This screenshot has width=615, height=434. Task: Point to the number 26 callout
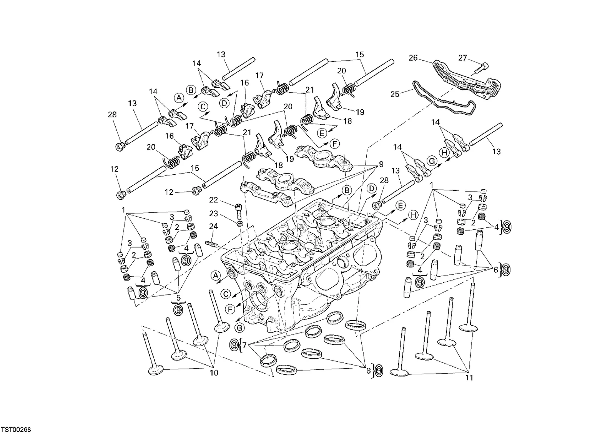coord(413,58)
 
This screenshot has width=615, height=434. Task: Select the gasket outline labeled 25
coord(444,98)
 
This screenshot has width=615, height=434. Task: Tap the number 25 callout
coord(395,94)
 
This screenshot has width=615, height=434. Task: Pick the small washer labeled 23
coord(240,222)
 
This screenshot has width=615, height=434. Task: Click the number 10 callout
coord(214,373)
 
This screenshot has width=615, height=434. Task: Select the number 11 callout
coord(469,378)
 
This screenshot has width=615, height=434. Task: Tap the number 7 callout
coord(244,346)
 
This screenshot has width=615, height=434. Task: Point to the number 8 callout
coord(369,371)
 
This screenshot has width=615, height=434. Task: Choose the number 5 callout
coord(178,298)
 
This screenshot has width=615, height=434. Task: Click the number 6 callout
coord(496,270)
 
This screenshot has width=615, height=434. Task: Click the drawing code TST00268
coord(17,430)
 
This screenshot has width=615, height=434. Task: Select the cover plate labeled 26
coord(467,80)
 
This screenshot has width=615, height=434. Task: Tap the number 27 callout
coord(463,58)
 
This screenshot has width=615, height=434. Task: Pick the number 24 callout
coord(213,226)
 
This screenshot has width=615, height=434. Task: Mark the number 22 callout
coord(213,200)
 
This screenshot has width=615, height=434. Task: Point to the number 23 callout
coord(213,214)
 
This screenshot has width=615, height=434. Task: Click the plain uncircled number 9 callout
coord(381,164)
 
